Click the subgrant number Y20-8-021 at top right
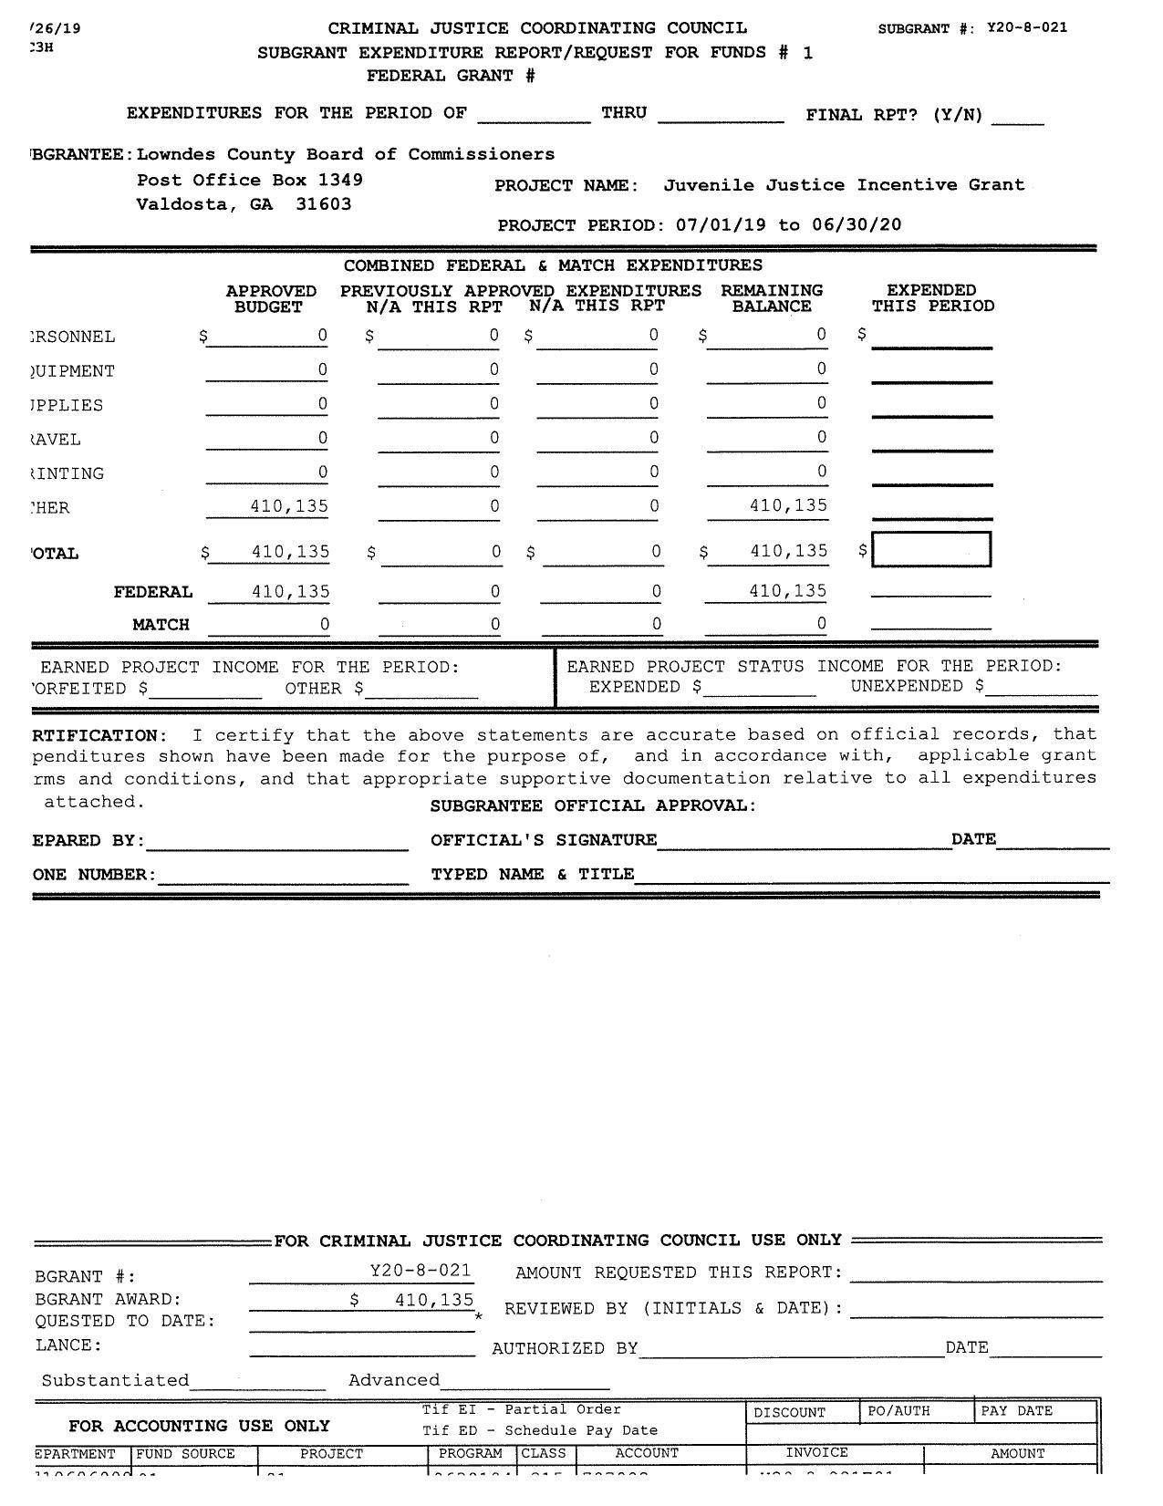pyautogui.click(x=1026, y=27)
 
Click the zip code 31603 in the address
pyautogui.click(x=323, y=204)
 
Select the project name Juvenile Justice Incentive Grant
pyautogui.click(x=844, y=185)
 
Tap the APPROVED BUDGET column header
pyautogui.click(x=271, y=299)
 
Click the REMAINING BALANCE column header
pyautogui.click(x=772, y=298)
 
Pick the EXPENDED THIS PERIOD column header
pyautogui.click(x=932, y=298)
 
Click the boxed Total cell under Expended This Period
pyautogui.click(x=931, y=550)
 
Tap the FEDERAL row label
pyautogui.click(x=153, y=593)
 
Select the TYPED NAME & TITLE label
pyautogui.click(x=532, y=875)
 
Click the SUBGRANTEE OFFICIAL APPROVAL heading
pyautogui.click(x=593, y=806)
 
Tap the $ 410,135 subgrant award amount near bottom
pyautogui.click(x=412, y=1300)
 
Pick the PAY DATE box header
pyautogui.click(x=1016, y=1411)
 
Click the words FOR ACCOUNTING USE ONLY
pyautogui.click(x=199, y=1427)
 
